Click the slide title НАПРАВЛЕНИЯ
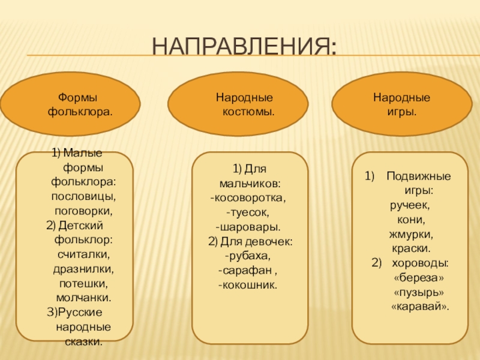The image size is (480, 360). tap(244, 45)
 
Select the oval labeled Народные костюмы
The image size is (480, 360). tap(238, 104)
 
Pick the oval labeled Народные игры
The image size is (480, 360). tap(401, 104)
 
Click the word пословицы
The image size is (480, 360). tap(84, 196)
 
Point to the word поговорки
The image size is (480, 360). tap(84, 211)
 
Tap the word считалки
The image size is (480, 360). tap(84, 254)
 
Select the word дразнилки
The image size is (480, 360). tap(84, 268)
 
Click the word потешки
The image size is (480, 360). tap(84, 283)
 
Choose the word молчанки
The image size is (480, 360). tap(84, 297)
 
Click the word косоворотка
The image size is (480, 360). tap(250, 197)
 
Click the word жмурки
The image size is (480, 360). tap(411, 234)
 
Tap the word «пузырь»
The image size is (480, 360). tap(419, 292)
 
